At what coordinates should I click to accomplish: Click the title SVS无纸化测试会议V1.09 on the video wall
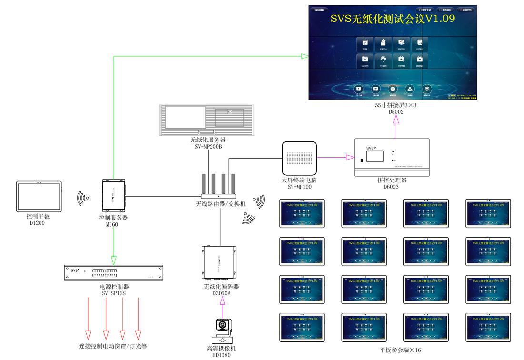point(393,19)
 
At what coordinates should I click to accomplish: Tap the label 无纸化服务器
point(208,140)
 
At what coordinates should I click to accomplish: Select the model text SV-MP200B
point(208,147)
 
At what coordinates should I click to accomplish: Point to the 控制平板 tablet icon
point(39,196)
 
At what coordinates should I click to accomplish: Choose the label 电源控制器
point(114,287)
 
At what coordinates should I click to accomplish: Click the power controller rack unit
point(114,272)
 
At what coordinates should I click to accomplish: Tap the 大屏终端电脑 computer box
point(299,158)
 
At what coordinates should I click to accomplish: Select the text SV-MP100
point(299,187)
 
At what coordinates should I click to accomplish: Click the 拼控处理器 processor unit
point(392,158)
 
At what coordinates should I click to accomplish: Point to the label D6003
point(392,187)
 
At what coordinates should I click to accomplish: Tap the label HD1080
point(222,355)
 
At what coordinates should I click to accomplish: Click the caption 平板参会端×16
point(400,350)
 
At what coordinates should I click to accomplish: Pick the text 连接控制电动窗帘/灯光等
point(113,346)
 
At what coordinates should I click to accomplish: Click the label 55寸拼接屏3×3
point(396,105)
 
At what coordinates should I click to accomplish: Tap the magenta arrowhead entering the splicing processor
point(351,157)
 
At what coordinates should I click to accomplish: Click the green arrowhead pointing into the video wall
point(305,56)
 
